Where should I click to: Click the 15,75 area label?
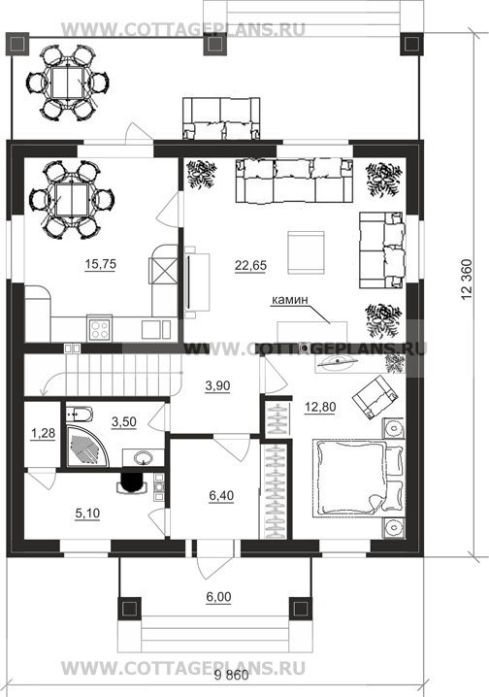point(100,264)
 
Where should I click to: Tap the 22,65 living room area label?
point(250,265)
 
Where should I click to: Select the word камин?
point(289,300)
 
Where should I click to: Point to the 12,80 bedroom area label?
point(320,407)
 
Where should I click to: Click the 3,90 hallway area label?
point(217,385)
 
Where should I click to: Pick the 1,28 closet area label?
point(43,433)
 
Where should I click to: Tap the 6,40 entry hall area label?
point(221,495)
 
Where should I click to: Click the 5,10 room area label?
point(87,514)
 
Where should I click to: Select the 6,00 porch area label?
point(218,597)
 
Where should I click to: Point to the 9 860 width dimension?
point(231,687)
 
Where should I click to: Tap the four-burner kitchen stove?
point(100,329)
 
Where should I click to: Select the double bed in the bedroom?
point(358,479)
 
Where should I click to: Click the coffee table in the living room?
point(306,252)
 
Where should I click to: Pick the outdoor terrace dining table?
point(68,83)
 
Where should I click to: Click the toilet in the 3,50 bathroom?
point(79,415)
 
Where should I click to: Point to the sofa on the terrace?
point(221,117)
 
